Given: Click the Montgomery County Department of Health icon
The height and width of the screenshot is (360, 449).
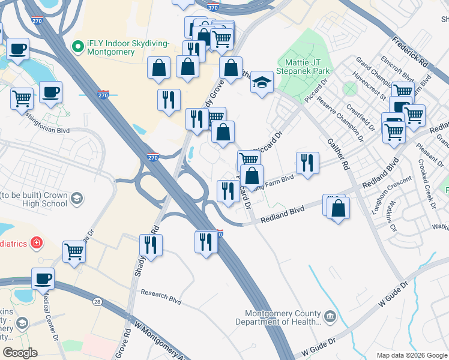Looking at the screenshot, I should (330, 316).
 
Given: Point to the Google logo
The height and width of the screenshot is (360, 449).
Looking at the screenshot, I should (20, 352).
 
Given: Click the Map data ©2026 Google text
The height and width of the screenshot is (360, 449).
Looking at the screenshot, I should (411, 355).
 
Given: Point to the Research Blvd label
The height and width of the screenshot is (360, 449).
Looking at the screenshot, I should (161, 295).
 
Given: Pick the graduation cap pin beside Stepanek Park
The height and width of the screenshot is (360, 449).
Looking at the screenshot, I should (262, 83).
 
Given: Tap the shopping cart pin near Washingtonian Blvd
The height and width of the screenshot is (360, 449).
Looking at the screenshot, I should (22, 97).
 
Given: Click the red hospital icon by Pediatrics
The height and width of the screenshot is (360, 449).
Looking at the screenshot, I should (37, 242).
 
